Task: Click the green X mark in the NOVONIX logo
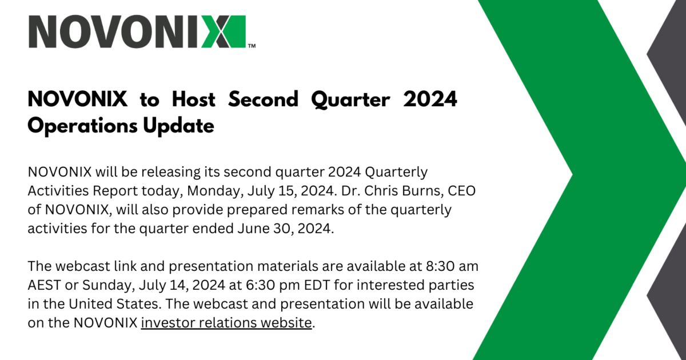[224, 31]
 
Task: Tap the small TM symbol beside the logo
[252, 46]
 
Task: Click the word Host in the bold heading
[194, 99]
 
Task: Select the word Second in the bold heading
[263, 99]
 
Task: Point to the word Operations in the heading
[83, 126]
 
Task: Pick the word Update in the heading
[178, 126]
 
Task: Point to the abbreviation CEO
[461, 190]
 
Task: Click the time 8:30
[440, 266]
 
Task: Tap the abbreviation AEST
[45, 285]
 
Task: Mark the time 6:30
[260, 285]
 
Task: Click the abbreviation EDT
[317, 285]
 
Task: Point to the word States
[138, 304]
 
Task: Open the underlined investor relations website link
[226, 323]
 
